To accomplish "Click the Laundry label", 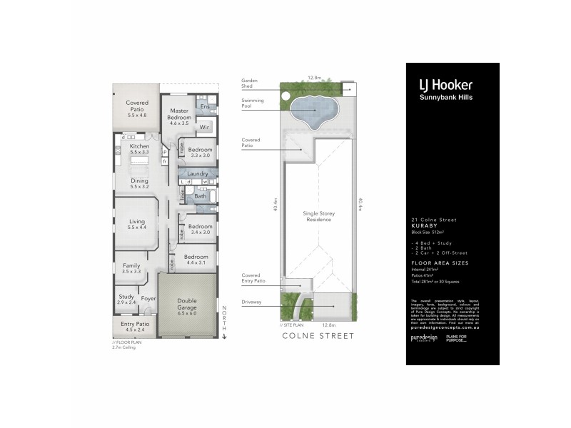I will (197, 173).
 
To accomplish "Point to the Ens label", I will (204, 107).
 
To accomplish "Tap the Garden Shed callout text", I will (250, 84).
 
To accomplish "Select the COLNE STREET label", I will (318, 335).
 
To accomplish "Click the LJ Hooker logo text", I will (445, 84).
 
